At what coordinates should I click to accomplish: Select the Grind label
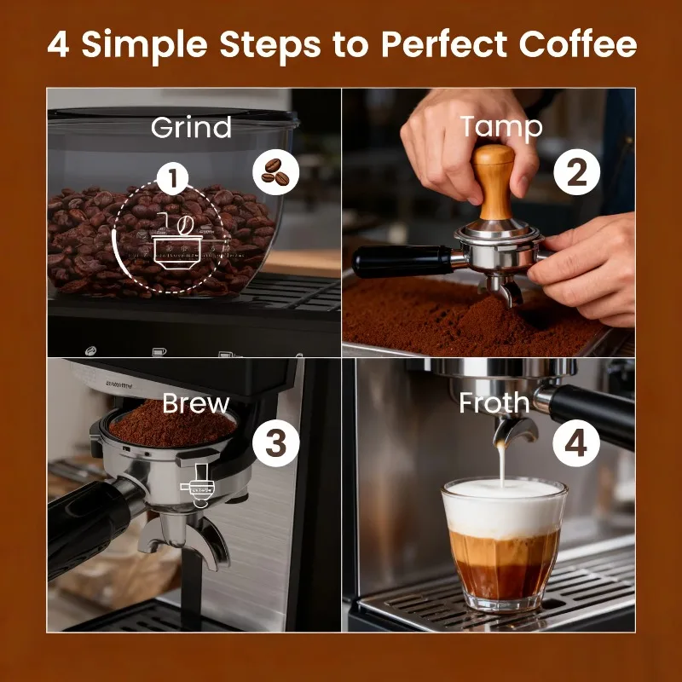tap(191, 128)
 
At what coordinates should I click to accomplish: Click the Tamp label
tap(500, 128)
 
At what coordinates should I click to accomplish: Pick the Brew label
tap(196, 403)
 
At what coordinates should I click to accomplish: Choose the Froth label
tap(494, 403)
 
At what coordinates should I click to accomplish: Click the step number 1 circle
tap(173, 180)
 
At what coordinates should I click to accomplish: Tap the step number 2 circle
tap(577, 175)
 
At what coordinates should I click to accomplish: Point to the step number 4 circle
tap(577, 443)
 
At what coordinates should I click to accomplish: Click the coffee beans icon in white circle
tap(276, 170)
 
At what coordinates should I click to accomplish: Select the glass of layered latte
tap(503, 546)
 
